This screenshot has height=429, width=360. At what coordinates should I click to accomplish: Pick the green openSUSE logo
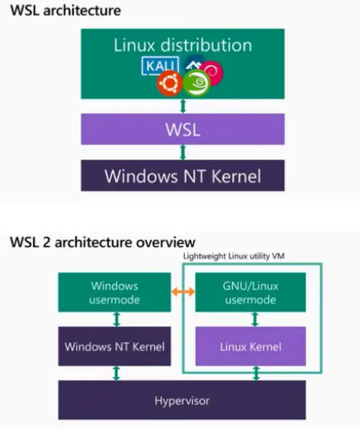point(196,83)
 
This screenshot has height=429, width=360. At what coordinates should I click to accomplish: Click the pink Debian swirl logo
point(212,72)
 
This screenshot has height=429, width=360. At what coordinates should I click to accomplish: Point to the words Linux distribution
point(182,45)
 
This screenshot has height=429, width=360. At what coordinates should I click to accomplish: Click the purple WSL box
point(182,129)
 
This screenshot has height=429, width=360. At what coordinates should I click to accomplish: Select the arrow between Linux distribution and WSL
point(182,106)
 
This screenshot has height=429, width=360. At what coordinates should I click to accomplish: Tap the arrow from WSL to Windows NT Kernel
point(182,152)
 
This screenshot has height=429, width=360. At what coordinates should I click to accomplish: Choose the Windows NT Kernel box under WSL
point(182,176)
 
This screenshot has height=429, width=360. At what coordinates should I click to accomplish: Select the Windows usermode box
point(115,292)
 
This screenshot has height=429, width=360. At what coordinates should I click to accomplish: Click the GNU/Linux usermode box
point(250,292)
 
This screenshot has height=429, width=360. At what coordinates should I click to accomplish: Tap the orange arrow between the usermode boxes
point(182,292)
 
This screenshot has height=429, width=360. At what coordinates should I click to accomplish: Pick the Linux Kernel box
point(250,347)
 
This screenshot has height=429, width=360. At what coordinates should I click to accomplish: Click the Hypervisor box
point(182,399)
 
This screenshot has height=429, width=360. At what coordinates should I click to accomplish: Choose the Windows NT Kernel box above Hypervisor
point(115,347)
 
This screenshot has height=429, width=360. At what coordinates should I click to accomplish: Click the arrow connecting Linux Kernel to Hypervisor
point(256,374)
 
